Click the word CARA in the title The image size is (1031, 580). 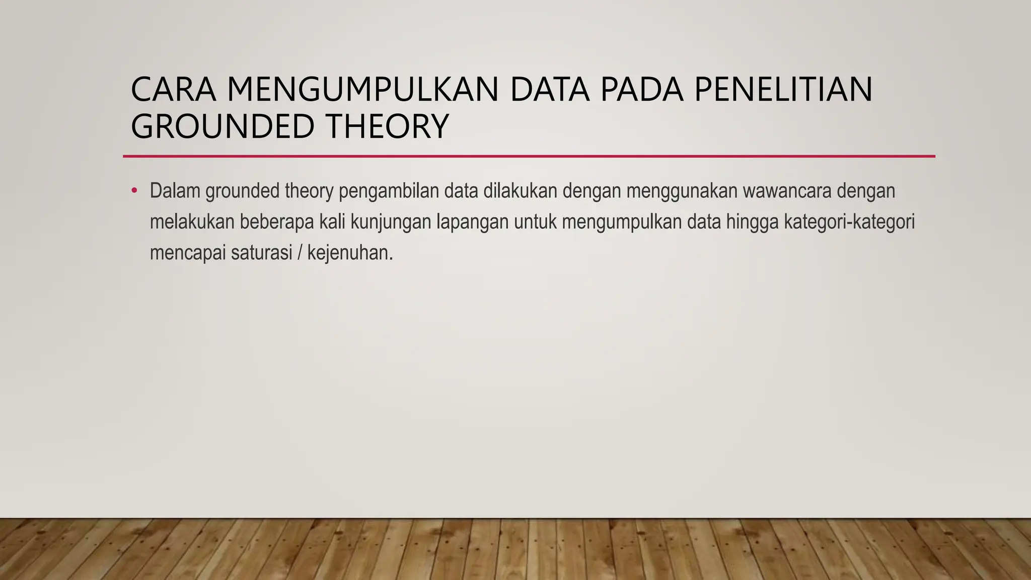coord(173,89)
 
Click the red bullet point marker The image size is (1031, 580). coord(134,191)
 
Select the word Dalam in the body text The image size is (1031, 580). coord(175,191)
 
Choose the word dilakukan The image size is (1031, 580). coord(520,191)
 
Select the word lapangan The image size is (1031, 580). coord(472,222)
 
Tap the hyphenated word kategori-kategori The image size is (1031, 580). coord(849,222)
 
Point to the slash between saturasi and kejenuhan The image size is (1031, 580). coord(300,253)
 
